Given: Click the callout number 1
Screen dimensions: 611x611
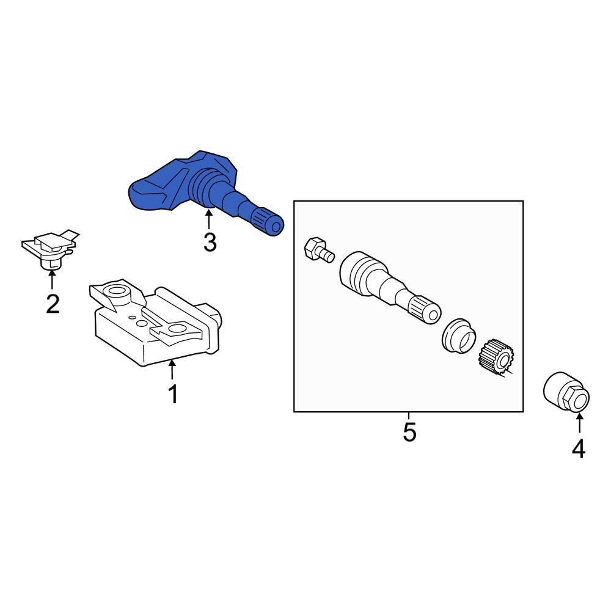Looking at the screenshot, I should [173, 394].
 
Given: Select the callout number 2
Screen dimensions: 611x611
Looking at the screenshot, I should [53, 303].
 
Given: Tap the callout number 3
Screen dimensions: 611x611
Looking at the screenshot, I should [210, 243].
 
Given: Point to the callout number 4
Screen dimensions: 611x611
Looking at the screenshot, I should [579, 448].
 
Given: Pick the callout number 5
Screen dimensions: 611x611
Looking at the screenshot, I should [409, 432].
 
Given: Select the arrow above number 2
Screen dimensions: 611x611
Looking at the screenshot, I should [52, 280].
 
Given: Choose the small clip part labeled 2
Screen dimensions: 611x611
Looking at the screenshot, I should [49, 250].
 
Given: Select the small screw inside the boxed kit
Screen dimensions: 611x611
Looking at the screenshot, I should [316, 249].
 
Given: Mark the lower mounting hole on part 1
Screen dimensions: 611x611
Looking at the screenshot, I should [177, 331].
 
